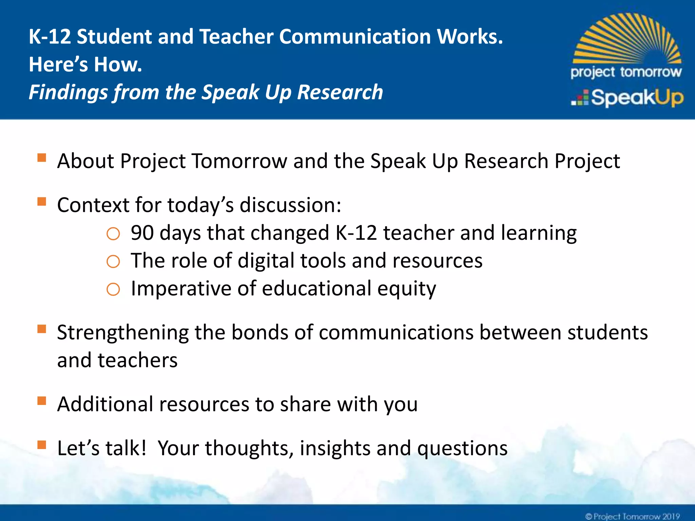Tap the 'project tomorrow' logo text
click(626, 72)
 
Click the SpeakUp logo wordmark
click(637, 98)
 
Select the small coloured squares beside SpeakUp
click(580, 98)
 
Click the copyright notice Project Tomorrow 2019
click(633, 516)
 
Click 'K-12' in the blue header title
click(50, 37)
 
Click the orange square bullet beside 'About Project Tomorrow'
click(42, 158)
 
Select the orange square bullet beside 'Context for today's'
click(42, 202)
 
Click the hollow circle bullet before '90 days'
click(113, 234)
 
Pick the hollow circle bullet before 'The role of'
click(113, 262)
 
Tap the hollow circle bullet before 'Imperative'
click(113, 290)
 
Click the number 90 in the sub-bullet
click(142, 233)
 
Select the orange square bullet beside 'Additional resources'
click(42, 401)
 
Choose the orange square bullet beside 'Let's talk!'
click(42, 445)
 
